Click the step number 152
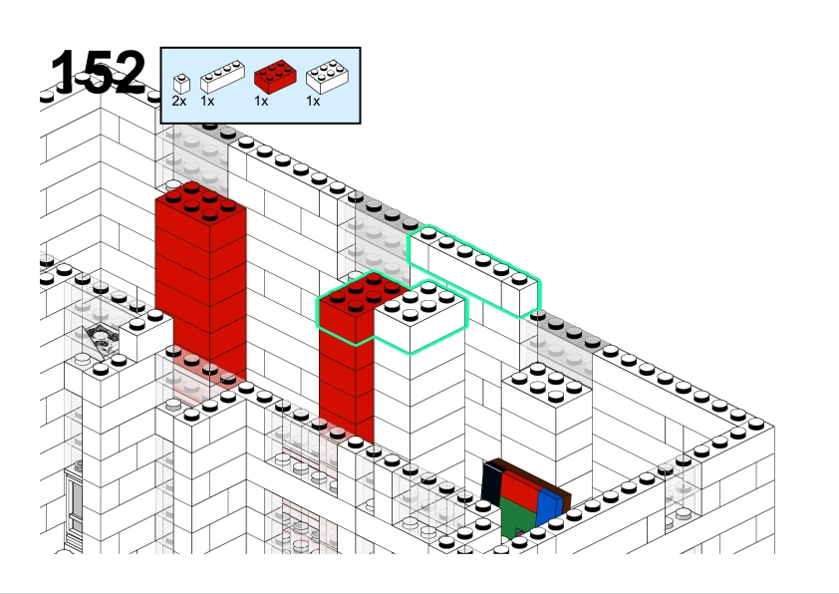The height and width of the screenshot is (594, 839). point(98,72)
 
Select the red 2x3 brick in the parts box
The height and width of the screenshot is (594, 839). point(275,77)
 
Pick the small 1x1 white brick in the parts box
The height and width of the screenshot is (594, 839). point(181,84)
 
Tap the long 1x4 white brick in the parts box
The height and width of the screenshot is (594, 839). point(222,77)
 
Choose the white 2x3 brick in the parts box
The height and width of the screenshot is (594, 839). point(327,77)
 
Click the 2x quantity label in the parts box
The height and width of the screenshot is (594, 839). point(179,101)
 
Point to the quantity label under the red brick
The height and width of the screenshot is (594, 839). point(261,101)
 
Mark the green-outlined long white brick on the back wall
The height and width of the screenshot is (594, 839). point(474,271)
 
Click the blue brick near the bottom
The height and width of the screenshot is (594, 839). point(550,506)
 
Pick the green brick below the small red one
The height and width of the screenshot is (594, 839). point(518,516)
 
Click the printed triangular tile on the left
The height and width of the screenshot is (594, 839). point(102,340)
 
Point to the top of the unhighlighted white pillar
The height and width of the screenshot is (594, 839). point(547,383)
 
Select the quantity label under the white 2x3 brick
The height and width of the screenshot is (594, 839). point(313,101)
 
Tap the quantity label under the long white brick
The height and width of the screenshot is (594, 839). point(207,101)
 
